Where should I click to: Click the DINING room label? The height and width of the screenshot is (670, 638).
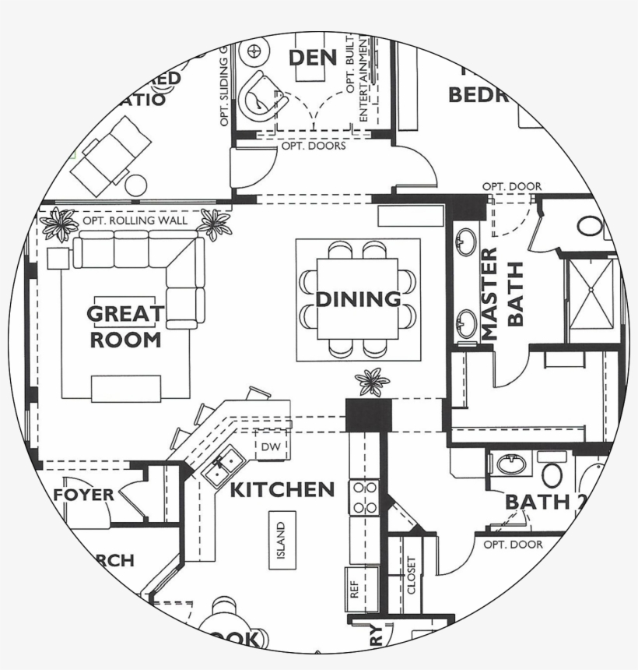tap(358, 299)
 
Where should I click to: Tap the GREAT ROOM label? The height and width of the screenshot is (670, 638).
tap(125, 326)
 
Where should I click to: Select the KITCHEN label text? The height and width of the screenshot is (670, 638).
tap(282, 490)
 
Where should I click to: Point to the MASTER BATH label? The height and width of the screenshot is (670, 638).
tap(503, 294)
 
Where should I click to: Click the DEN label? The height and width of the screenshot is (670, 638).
tap(312, 58)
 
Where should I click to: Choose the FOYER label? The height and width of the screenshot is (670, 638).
tap(84, 495)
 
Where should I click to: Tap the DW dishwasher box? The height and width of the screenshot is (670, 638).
tap(270, 447)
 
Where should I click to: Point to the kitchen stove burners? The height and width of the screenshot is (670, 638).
tap(363, 498)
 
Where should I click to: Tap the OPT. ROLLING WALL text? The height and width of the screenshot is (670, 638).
tap(135, 221)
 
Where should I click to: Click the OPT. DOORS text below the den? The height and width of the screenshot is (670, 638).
tap(314, 146)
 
